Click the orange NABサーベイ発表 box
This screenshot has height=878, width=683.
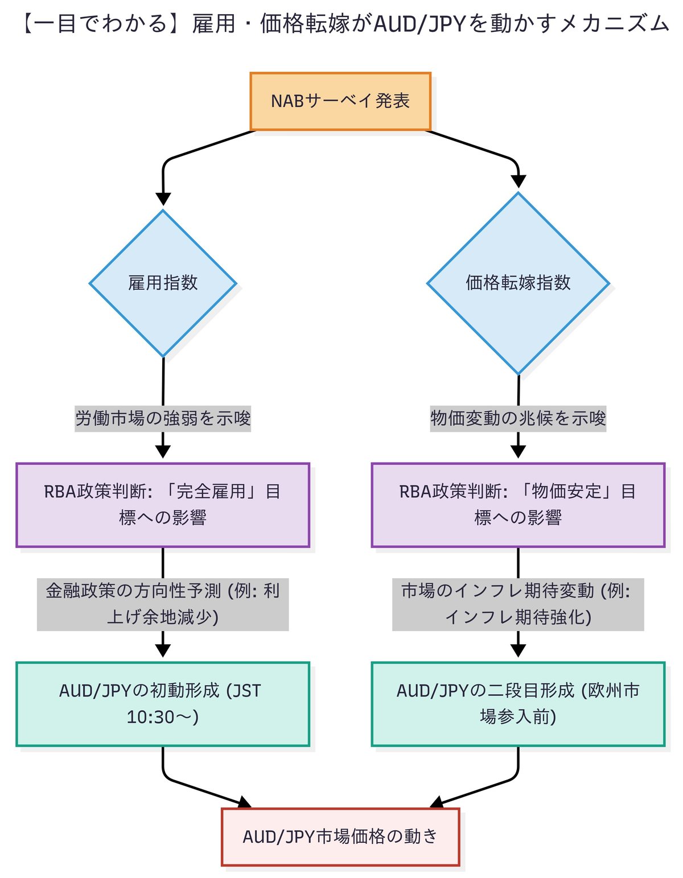[340, 101]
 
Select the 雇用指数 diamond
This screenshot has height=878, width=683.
[163, 283]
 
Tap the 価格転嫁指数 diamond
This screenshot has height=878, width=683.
[518, 283]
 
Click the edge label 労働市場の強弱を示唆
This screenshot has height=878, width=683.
[163, 418]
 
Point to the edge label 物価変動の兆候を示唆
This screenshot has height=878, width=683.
[518, 418]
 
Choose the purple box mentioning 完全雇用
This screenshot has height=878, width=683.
[163, 505]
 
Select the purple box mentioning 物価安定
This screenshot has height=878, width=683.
[518, 505]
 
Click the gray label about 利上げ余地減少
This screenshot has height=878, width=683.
[163, 604]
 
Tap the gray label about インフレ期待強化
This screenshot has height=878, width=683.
[518, 604]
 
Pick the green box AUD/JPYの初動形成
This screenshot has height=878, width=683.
[163, 704]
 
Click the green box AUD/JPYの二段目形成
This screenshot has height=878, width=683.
[518, 704]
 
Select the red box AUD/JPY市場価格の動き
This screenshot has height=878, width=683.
[340, 836]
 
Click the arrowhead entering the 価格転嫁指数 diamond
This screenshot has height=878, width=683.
[519, 182]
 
